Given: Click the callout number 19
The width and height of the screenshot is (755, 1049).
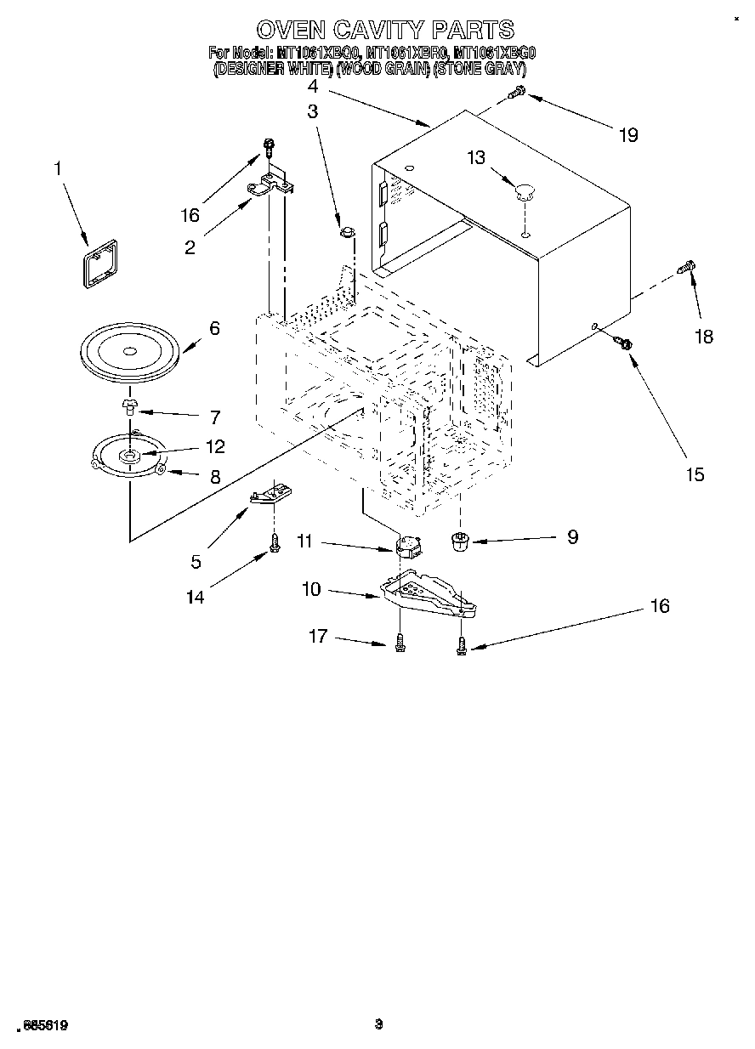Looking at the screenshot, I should (x=628, y=135).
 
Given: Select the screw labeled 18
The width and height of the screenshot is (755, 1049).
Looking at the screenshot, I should (x=685, y=268).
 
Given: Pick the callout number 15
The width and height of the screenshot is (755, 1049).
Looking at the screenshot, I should (x=695, y=474).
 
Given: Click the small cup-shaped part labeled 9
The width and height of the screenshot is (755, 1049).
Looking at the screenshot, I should (x=460, y=541).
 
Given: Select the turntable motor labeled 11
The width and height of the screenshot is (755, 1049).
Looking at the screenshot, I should (x=411, y=544).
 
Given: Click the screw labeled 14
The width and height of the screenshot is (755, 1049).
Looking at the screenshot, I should (x=275, y=547).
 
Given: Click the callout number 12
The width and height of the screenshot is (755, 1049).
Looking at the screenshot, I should (x=214, y=446).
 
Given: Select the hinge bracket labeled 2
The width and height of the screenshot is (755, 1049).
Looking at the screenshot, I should (x=270, y=183).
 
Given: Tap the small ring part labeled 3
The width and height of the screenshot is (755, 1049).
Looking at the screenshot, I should (x=347, y=231).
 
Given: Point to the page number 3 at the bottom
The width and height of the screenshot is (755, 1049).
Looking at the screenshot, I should (x=379, y=1024).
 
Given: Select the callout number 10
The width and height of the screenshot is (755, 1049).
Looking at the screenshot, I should (x=312, y=588).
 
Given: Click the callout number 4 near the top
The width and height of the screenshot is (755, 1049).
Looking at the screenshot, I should (x=313, y=86).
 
